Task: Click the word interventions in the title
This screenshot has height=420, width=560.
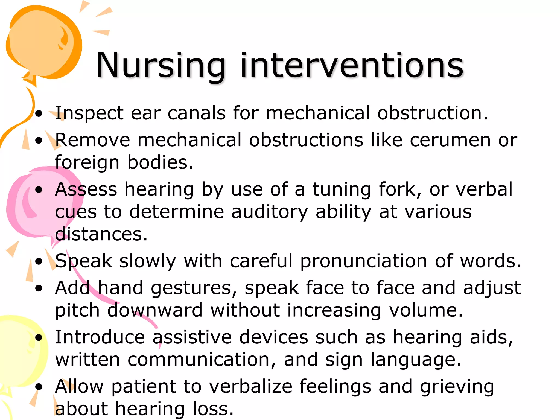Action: (x=352, y=66)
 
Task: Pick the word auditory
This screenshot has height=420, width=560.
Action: (x=270, y=212)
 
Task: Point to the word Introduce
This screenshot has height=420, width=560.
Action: (x=100, y=337)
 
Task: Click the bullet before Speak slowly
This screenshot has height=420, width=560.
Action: (x=39, y=261)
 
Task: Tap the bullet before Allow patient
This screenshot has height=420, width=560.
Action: (x=39, y=387)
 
